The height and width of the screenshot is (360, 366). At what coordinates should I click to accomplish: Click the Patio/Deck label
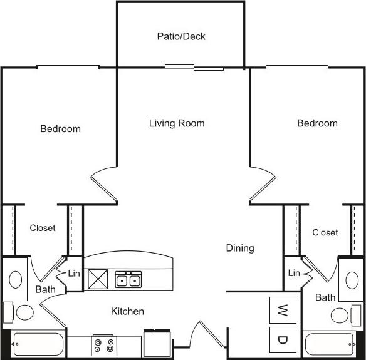click(180, 36)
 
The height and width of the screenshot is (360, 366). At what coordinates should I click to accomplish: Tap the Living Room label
click(177, 123)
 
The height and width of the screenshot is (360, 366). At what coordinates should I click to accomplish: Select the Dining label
click(240, 248)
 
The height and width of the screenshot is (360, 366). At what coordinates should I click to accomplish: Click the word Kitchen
click(127, 311)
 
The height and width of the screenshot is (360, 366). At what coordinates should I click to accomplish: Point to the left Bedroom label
click(60, 129)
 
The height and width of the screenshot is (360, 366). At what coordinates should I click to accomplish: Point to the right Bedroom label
click(317, 123)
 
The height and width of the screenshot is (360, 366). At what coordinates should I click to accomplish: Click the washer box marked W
click(282, 309)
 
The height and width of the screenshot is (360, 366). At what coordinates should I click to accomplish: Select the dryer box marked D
click(282, 340)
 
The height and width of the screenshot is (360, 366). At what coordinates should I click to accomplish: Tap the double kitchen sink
click(128, 279)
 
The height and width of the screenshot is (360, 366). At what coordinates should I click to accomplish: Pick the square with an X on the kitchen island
click(98, 278)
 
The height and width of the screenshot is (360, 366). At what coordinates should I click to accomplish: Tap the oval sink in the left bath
click(16, 278)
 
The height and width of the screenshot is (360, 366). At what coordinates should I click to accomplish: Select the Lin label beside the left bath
click(74, 273)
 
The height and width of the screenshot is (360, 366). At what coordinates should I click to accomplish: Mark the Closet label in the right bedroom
click(325, 232)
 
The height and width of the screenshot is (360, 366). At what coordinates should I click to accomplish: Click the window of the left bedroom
click(68, 67)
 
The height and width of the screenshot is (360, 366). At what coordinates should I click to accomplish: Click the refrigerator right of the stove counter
click(157, 344)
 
